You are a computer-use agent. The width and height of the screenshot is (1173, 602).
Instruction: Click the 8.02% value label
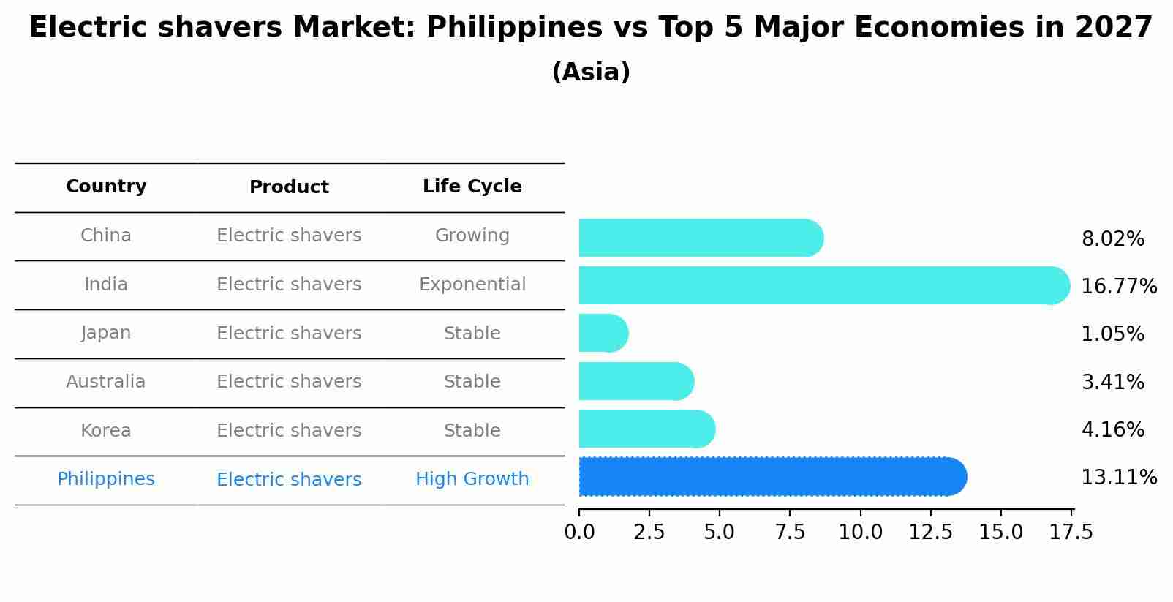pyautogui.click(x=1112, y=239)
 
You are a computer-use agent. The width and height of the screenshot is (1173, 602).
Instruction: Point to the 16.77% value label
pyautogui.click(x=1118, y=286)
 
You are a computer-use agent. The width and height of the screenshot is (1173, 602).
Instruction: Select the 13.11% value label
pyautogui.click(x=1118, y=478)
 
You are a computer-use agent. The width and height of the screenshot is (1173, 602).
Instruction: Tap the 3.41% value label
pyautogui.click(x=1112, y=382)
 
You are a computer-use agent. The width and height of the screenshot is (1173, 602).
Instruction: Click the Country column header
pyautogui.click(x=106, y=187)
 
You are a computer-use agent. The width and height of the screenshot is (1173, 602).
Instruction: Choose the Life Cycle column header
pyautogui.click(x=472, y=187)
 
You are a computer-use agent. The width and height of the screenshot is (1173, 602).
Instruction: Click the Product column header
pyautogui.click(x=289, y=187)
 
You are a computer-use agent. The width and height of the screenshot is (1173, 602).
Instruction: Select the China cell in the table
pyautogui.click(x=106, y=236)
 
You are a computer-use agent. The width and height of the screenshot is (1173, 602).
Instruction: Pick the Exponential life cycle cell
pyautogui.click(x=472, y=285)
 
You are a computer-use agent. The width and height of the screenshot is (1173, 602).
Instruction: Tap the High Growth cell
pyautogui.click(x=472, y=479)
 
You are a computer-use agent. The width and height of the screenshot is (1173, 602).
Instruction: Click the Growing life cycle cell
pyautogui.click(x=472, y=236)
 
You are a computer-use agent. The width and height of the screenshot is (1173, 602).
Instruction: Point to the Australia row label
pyautogui.click(x=106, y=382)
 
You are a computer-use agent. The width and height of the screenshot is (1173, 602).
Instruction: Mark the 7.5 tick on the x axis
pyautogui.click(x=790, y=533)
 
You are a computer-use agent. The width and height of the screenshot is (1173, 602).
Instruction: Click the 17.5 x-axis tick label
pyautogui.click(x=1071, y=533)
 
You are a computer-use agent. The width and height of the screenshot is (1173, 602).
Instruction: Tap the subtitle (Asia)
pyautogui.click(x=591, y=72)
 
